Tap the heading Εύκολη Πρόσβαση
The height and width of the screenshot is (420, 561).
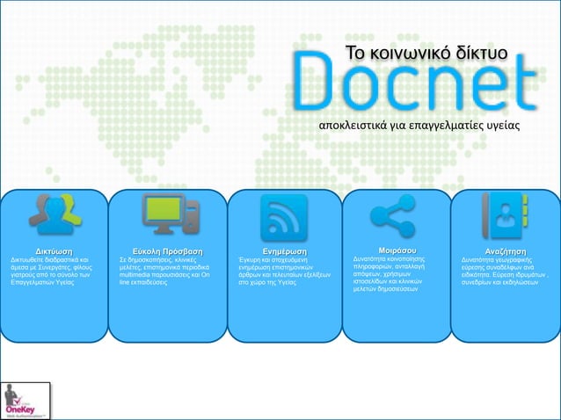pyautogui.click(x=167, y=250)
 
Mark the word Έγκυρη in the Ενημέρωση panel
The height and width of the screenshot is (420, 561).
pyautogui.click(x=251, y=260)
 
